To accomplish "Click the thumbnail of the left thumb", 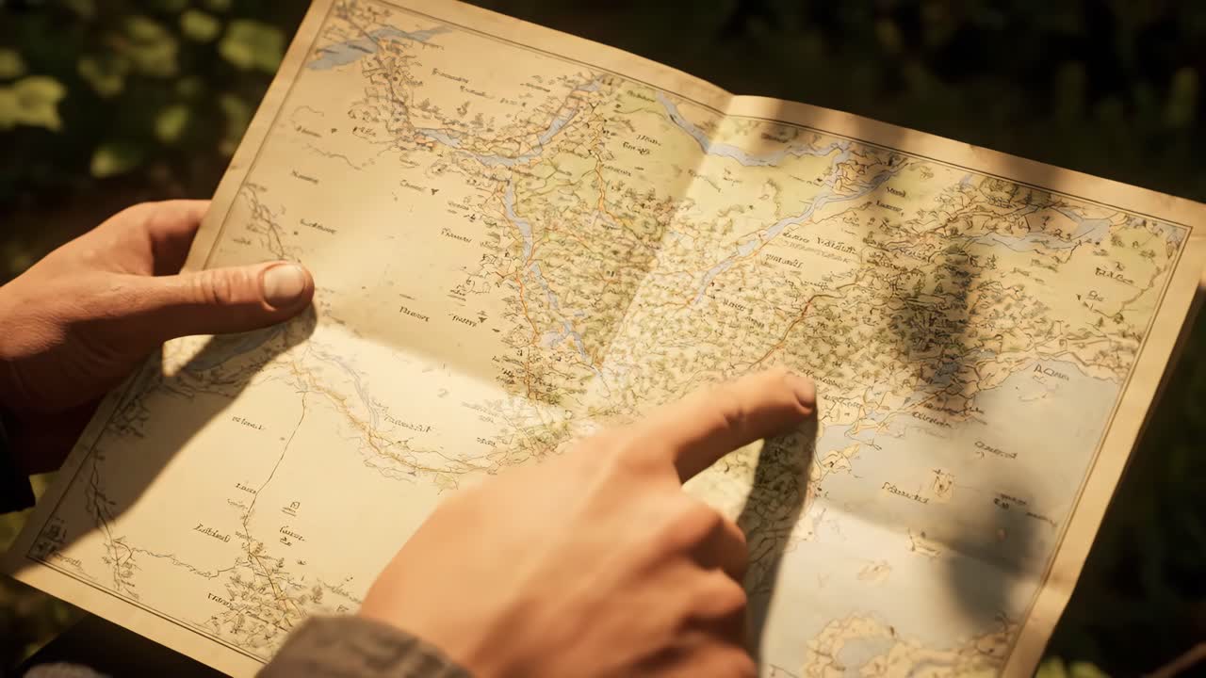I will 285,282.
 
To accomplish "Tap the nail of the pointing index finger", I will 802,391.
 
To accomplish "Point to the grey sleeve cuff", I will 367,650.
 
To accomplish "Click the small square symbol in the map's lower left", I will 291,508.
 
